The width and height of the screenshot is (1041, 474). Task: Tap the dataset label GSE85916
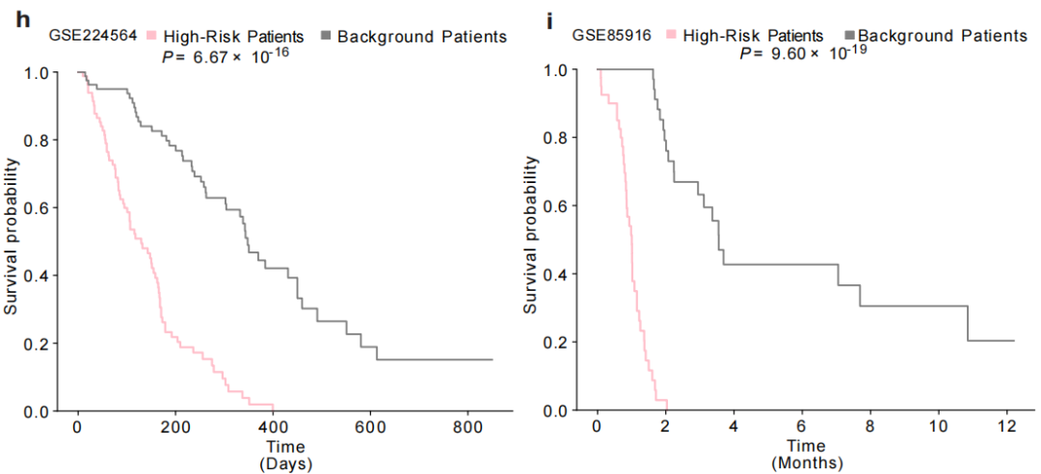(x=612, y=36)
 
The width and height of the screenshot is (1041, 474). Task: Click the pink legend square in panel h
(x=151, y=37)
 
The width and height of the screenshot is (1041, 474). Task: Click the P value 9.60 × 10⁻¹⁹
(x=804, y=53)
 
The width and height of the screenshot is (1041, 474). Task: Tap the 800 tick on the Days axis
(x=467, y=429)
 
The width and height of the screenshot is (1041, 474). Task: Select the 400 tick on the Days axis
(x=272, y=429)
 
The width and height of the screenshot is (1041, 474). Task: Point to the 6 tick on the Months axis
(x=802, y=428)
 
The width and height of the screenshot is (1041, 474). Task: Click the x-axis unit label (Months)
(x=806, y=463)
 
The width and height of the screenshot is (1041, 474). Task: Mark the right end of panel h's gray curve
(x=492, y=359)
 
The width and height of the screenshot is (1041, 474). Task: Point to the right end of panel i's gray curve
(x=1014, y=340)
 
